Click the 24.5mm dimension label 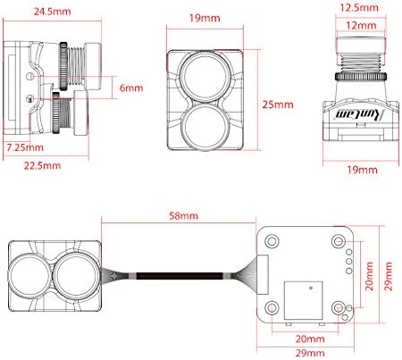click(53, 12)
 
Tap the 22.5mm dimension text click(42, 165)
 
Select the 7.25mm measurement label click(25, 147)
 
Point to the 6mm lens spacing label click(131, 88)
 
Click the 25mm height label click(278, 105)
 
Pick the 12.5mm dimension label click(359, 7)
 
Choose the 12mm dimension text click(361, 26)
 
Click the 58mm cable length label click(183, 215)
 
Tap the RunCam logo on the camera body click(360, 114)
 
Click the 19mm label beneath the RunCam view click(362, 170)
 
